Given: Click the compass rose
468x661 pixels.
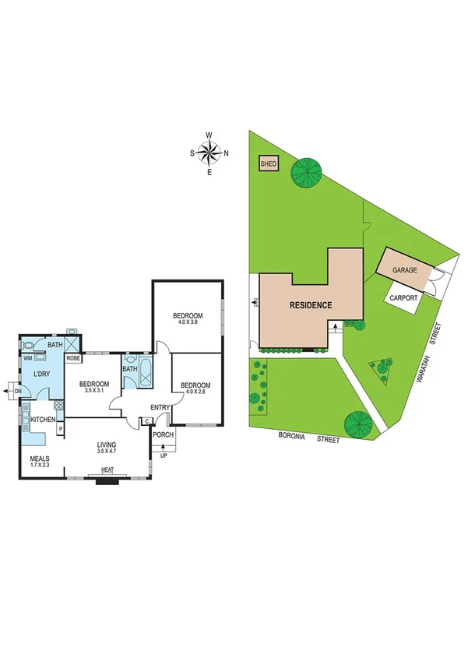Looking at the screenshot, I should (209, 153).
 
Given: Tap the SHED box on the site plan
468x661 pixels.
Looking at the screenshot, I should (269, 163).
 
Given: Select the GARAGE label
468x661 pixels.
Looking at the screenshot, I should (405, 269).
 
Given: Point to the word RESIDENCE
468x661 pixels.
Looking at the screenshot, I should (311, 305).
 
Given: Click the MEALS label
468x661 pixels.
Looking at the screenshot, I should (40, 459).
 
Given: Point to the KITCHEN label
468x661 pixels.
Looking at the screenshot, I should (43, 420).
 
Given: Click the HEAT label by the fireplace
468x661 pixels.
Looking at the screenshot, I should (106, 470).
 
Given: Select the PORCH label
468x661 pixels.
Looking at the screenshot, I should (164, 434).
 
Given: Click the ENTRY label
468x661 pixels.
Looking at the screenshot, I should (160, 407).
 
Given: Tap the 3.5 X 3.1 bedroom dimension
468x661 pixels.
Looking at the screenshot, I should (93, 390).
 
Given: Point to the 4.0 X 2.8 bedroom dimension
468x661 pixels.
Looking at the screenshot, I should (195, 392).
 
